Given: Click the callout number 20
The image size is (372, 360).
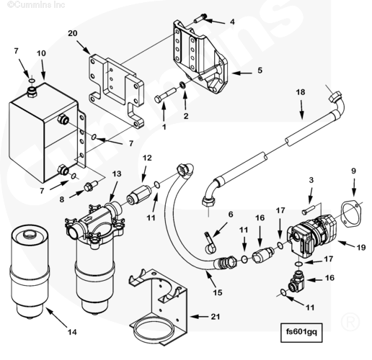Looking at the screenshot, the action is [x=73, y=33].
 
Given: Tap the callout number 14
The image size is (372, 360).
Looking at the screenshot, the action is [x=72, y=332].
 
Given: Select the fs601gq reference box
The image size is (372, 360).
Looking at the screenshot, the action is [x=301, y=333].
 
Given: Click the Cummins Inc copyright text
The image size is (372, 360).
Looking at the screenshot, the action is [x=36, y=4].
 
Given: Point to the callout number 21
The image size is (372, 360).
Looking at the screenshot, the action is [x=216, y=317].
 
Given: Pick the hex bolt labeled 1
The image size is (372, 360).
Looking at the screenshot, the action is [x=166, y=95].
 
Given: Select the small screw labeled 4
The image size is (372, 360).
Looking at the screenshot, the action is [x=200, y=19].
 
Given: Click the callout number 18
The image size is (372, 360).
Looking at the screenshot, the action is [x=301, y=92].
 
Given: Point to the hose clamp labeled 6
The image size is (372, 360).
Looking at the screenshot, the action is [x=210, y=243].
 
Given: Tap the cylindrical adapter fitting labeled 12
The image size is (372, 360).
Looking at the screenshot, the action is [x=139, y=195].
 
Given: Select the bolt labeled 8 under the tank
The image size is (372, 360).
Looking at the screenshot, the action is [x=90, y=186].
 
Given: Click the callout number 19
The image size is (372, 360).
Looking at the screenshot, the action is [x=361, y=247].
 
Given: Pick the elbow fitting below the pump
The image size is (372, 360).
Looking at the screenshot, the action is [x=297, y=281].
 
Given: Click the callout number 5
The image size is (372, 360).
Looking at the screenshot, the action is [x=260, y=71].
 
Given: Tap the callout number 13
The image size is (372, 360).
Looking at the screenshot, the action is [x=117, y=174].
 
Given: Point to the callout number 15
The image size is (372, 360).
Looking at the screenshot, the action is [x=217, y=292].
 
